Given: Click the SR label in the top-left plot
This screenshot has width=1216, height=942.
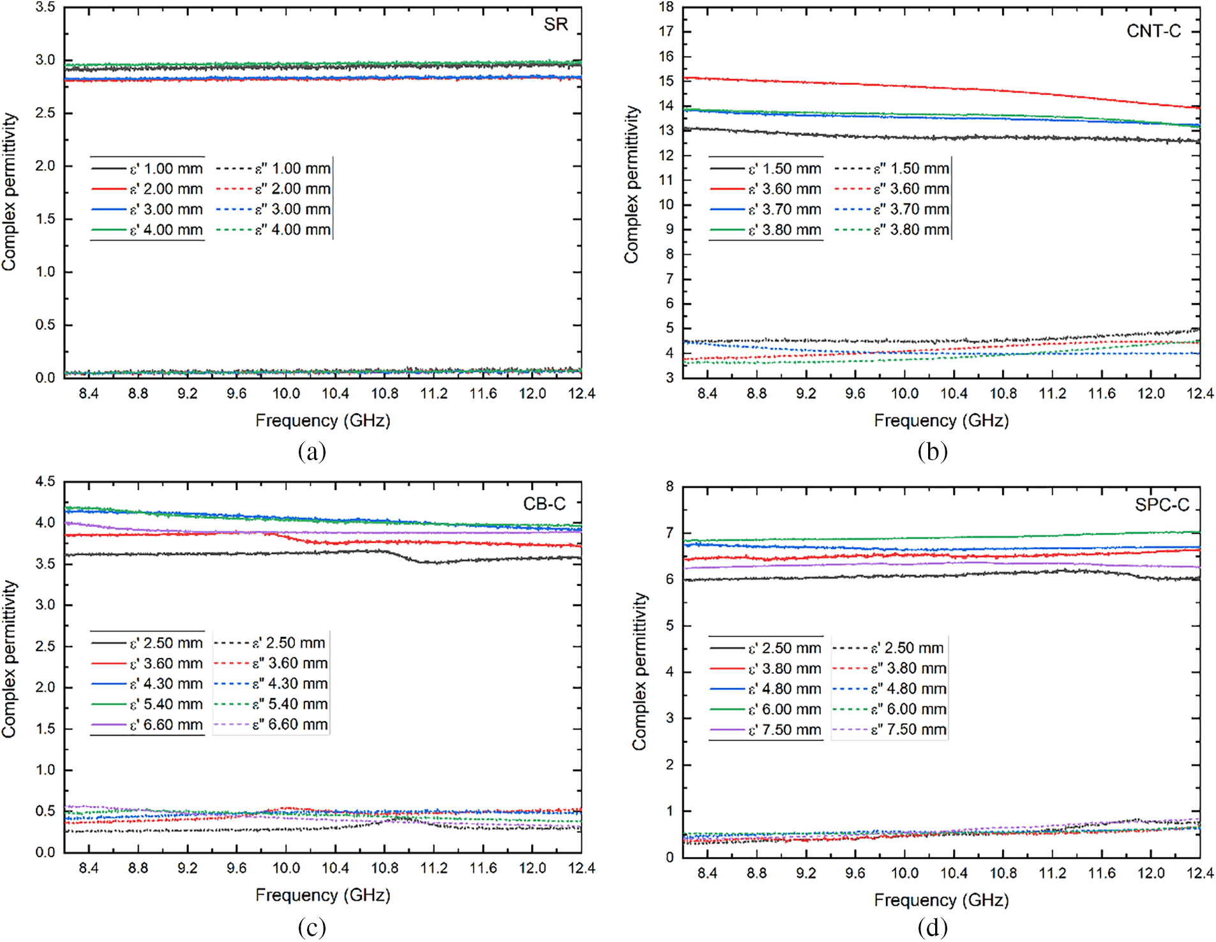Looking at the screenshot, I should pos(555,24).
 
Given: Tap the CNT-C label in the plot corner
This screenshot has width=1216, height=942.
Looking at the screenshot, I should pos(1153,31).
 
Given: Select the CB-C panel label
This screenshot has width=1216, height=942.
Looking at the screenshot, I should pos(544,504).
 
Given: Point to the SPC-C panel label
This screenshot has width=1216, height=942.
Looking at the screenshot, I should pos(1162,505).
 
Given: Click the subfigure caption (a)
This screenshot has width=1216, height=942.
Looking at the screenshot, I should pos(312,452).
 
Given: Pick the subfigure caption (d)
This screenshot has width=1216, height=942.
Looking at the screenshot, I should pos(932,927).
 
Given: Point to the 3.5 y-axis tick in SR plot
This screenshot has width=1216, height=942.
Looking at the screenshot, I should pos(45,8).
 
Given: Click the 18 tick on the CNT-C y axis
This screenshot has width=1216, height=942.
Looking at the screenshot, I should pos(666,8).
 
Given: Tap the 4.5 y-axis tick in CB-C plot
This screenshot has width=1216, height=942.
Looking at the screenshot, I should pos(45,482).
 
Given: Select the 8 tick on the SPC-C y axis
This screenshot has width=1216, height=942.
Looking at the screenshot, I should pos(669,487).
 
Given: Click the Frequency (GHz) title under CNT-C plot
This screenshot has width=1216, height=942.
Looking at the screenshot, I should pos(941,421).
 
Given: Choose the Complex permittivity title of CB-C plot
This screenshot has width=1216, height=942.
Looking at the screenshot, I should pos(9,659).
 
